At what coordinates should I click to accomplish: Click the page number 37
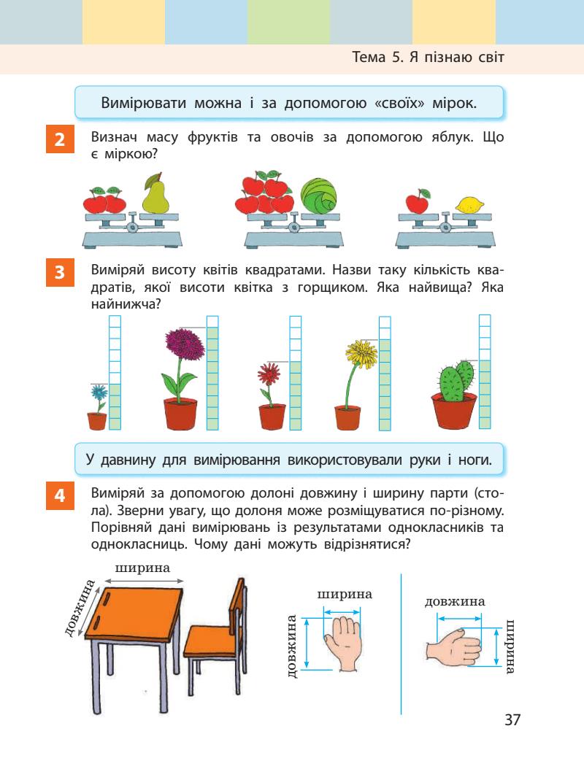tap(512, 720)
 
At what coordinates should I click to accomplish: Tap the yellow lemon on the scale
tap(466, 205)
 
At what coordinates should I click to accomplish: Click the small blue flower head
tap(99, 393)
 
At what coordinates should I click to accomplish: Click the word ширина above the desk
tap(143, 568)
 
